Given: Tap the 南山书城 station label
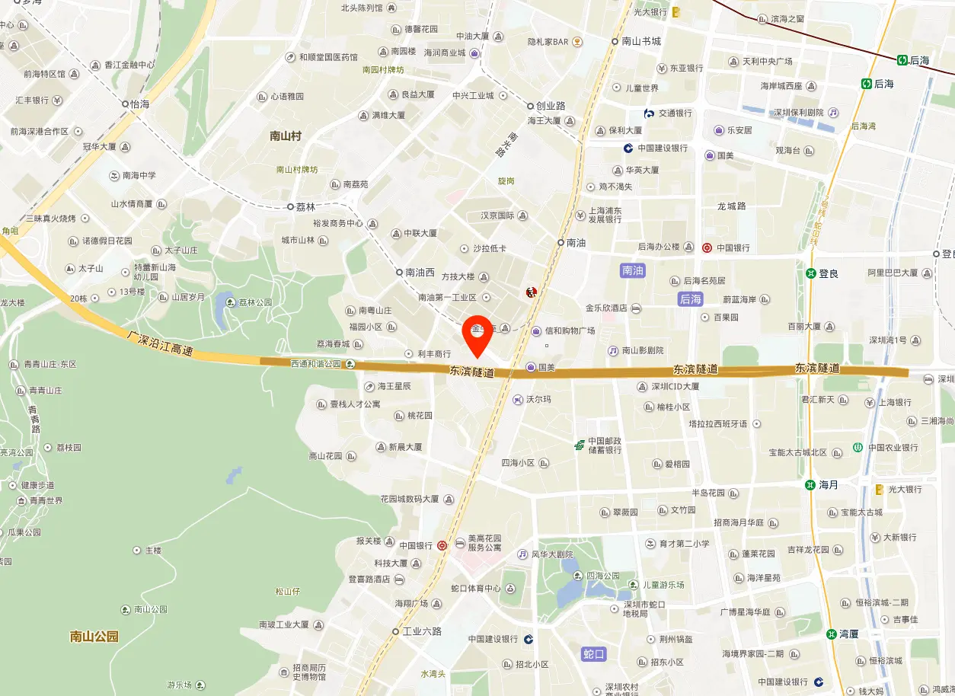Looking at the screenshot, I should (640, 41).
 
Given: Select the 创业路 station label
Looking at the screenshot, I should (550, 106).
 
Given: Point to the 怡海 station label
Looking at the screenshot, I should (139, 104).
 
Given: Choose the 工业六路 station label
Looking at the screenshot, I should (421, 631).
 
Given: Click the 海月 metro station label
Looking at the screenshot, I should (828, 484).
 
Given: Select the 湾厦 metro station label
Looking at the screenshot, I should (848, 634).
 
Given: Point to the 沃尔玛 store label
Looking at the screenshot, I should (538, 399).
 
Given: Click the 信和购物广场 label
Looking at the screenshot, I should (569, 330).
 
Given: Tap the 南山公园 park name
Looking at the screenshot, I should (94, 637).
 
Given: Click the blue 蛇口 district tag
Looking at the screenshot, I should (593, 654).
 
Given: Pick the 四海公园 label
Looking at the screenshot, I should (602, 576).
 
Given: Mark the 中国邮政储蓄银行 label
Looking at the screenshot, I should (603, 445).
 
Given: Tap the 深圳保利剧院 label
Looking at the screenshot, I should (798, 113).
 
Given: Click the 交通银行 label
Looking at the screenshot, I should (675, 113).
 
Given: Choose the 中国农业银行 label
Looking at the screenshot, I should (893, 448).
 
